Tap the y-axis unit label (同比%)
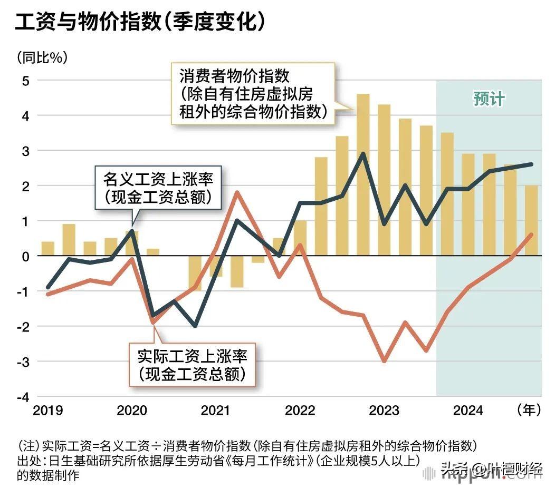pyautogui.click(x=42, y=56)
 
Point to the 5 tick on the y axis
pyautogui.click(x=25, y=81)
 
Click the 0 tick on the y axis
pyautogui.click(x=25, y=256)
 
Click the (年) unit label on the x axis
pyautogui.click(x=528, y=410)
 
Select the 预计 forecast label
pyautogui.click(x=489, y=99)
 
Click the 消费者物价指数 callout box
pyautogui.click(x=253, y=94)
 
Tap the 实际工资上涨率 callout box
pyautogui.click(x=192, y=364)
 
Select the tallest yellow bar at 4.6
pyautogui.click(x=363, y=174)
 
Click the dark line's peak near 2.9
pyautogui.click(x=363, y=154)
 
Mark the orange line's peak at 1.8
pyautogui.click(x=237, y=192)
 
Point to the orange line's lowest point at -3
pyautogui.click(x=384, y=361)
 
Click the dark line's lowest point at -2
pyautogui.click(x=195, y=326)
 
